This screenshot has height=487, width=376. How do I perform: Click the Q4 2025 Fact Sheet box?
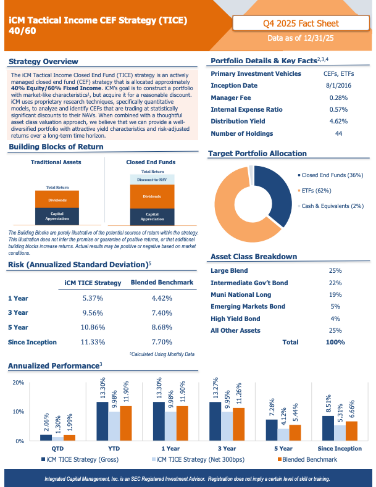(x=301, y=23)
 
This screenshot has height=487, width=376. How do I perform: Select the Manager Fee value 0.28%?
(x=338, y=98)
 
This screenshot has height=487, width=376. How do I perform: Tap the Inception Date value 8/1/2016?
(x=338, y=85)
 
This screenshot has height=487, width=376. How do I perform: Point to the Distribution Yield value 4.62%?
(x=338, y=121)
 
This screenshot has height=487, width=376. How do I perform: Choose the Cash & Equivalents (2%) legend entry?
(x=331, y=206)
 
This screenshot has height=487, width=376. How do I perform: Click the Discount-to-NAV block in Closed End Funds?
(x=152, y=180)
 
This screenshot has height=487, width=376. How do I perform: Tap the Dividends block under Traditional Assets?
(x=57, y=199)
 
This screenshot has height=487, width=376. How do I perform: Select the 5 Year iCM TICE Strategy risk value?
(x=93, y=327)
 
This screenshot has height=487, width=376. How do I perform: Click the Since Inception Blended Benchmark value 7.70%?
(x=162, y=342)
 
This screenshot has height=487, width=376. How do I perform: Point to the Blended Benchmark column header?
(x=162, y=282)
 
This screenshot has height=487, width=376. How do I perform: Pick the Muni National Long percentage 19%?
(x=335, y=295)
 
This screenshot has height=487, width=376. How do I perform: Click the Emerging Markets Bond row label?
(x=248, y=307)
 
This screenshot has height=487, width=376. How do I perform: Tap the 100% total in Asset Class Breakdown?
(x=335, y=343)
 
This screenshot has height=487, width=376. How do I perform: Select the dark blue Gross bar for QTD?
(x=46, y=438)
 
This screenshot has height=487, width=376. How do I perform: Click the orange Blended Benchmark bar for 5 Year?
(x=295, y=433)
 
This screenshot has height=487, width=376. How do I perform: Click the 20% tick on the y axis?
(x=19, y=383)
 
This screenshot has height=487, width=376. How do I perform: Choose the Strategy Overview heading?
(x=43, y=62)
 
